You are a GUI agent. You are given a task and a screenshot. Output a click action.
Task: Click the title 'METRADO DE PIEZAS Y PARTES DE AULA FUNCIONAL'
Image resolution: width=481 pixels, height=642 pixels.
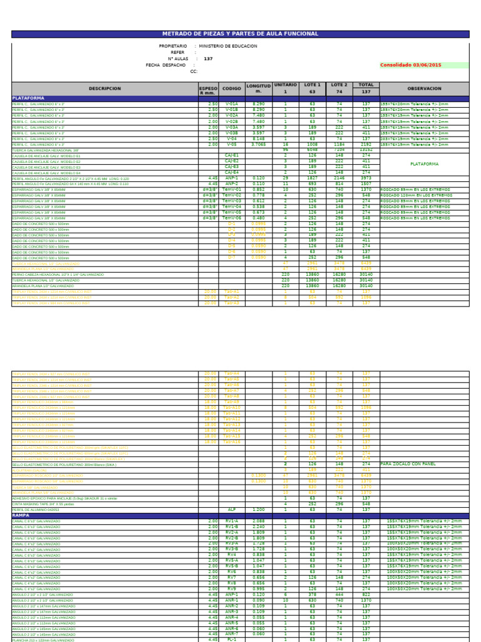click(240, 34)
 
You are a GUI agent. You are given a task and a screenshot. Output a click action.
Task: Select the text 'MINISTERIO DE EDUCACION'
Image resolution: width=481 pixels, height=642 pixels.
click(228, 46)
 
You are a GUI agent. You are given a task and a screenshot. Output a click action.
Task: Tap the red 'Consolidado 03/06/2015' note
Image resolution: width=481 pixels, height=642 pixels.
click(410, 65)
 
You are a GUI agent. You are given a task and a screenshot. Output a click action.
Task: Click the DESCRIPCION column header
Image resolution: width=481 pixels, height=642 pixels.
click(105, 89)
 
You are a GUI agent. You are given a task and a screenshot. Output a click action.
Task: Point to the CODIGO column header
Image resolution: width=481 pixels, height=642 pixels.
click(232, 89)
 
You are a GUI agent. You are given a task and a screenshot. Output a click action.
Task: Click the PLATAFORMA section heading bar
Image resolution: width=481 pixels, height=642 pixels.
click(240, 98)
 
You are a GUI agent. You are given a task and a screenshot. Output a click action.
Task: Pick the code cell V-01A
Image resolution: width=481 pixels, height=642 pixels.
click(232, 104)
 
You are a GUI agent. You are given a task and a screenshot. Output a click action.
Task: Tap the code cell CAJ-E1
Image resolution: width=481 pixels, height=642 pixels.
click(232, 156)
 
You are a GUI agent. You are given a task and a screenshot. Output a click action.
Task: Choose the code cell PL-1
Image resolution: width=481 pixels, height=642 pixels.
click(232, 639)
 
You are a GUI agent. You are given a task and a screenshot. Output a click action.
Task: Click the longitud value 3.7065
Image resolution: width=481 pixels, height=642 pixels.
click(259, 144)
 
